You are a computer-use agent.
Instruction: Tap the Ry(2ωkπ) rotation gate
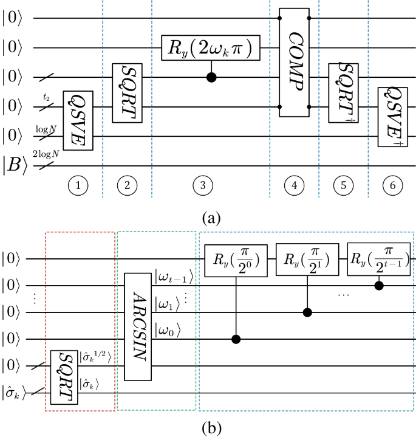[x=211, y=47]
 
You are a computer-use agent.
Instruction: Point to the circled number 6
[x=393, y=187]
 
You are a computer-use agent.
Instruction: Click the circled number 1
[x=78, y=187]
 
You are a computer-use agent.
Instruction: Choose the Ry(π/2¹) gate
[x=307, y=259]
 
